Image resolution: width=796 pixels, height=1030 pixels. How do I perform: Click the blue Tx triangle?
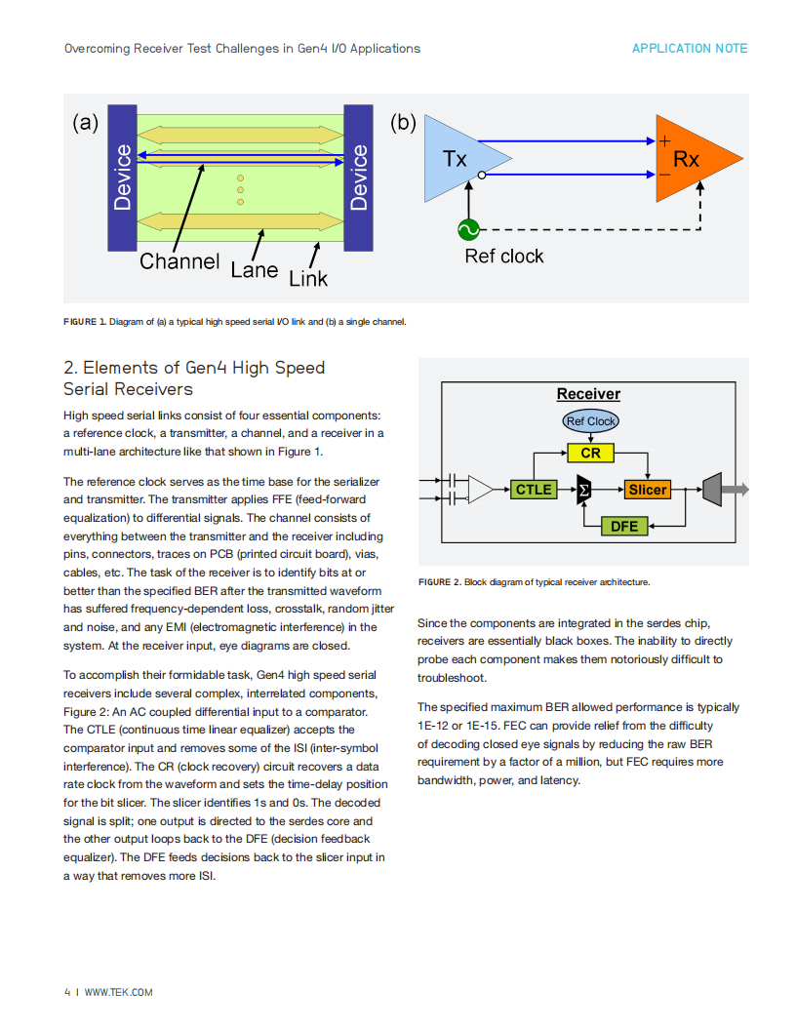(459, 158)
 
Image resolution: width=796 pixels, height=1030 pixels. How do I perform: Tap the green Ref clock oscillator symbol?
(468, 230)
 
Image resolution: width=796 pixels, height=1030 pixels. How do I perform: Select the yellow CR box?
(590, 454)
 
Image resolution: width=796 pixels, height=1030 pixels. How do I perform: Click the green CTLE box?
(534, 490)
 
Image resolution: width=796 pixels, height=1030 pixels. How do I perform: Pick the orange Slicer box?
(648, 490)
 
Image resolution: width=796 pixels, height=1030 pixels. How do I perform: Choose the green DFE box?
(624, 526)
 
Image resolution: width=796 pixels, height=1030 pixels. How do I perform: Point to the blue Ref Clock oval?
(590, 421)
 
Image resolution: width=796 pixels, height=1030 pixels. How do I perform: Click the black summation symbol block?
(583, 490)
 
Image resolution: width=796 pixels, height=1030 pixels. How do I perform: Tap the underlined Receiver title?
(588, 394)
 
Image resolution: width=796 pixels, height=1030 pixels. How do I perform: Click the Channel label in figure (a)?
(179, 261)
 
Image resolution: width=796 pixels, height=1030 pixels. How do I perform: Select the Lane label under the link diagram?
(255, 270)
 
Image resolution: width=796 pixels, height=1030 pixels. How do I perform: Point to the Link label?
(308, 279)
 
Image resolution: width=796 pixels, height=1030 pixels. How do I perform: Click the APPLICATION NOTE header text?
(690, 49)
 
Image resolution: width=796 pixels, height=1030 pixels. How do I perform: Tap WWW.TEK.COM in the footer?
(118, 993)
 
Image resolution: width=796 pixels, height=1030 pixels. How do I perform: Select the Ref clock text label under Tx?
(503, 257)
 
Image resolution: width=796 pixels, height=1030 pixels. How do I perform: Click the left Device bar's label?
(122, 178)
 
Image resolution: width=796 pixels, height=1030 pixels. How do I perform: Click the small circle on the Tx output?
(482, 176)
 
